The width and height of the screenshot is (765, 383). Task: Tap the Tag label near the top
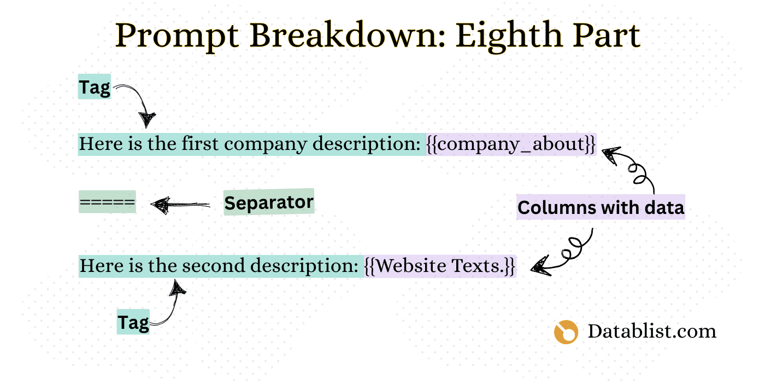pyautogui.click(x=95, y=87)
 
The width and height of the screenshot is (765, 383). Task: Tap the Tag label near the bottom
pyautogui.click(x=133, y=322)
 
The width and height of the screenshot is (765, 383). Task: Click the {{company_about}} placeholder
pyautogui.click(x=511, y=144)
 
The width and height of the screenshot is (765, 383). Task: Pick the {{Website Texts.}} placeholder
pyautogui.click(x=439, y=266)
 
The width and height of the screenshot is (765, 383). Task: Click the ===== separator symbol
pyautogui.click(x=107, y=202)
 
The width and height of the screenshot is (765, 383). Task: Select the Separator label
pyautogui.click(x=269, y=202)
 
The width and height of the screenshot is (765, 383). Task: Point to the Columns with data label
pyautogui.click(x=601, y=207)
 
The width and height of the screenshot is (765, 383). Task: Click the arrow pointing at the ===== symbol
pyautogui.click(x=180, y=205)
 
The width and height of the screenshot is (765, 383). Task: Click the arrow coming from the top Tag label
pyautogui.click(x=139, y=104)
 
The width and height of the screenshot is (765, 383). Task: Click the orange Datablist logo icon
pyautogui.click(x=566, y=332)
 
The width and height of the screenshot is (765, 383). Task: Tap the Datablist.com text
pyautogui.click(x=651, y=331)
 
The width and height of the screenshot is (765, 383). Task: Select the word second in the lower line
pyautogui.click(x=214, y=266)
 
